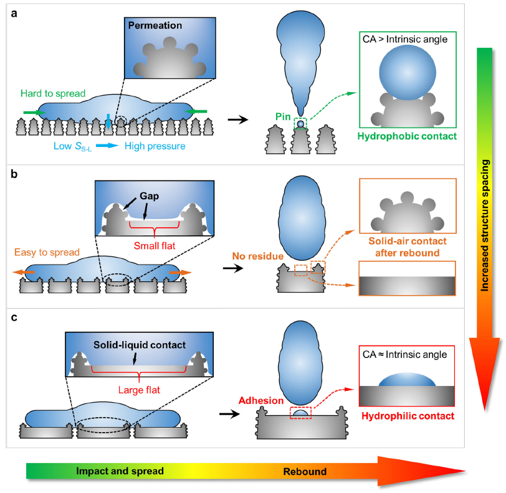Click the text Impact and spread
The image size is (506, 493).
(x=120, y=471)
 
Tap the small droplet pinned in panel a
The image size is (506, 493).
(x=301, y=124)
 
